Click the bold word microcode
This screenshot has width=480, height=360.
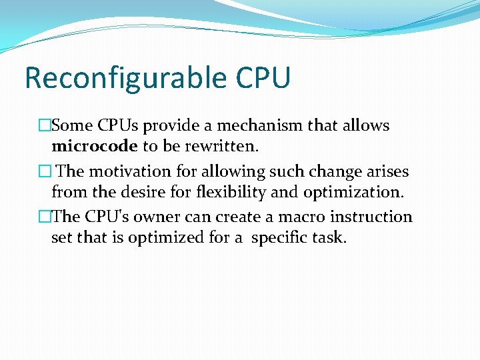click(95, 146)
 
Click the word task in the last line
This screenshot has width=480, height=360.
click(331, 238)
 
